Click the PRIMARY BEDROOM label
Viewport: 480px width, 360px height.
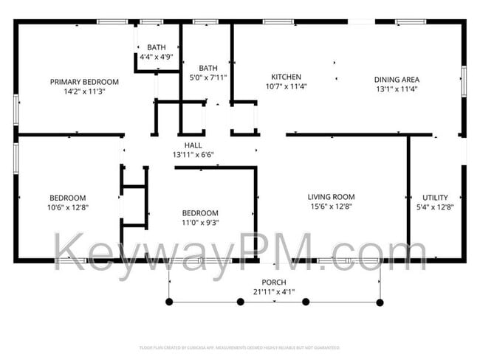point(84,82)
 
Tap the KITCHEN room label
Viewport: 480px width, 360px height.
point(286,77)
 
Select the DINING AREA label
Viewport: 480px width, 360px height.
point(397,80)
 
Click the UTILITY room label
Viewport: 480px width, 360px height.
point(435,198)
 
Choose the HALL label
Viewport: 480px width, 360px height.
point(193,145)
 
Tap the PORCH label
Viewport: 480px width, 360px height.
point(274,283)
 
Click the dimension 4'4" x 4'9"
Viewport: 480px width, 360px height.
point(157,56)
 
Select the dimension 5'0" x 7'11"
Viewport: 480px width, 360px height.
point(207,77)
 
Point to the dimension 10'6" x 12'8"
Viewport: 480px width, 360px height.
point(68,207)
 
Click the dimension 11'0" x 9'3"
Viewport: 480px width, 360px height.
point(200,222)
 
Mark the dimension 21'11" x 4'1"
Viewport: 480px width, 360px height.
point(274,292)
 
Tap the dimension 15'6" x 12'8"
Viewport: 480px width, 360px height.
point(331,207)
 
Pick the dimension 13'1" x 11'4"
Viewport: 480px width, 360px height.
point(397,89)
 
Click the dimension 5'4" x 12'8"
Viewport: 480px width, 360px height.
point(435,207)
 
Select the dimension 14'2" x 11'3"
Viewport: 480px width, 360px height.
point(84,91)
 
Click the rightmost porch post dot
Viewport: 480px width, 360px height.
point(380,302)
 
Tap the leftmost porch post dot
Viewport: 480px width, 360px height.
point(170,302)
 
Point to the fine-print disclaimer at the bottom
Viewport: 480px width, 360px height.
point(239,347)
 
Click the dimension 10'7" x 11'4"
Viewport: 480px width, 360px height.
point(286,86)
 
